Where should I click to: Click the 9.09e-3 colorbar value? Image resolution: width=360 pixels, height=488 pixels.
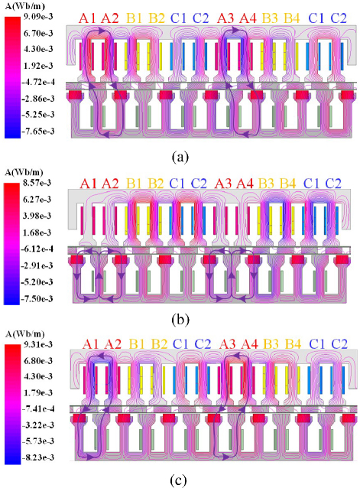[x=37, y=17]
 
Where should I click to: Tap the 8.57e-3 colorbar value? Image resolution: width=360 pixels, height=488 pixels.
[x=37, y=183]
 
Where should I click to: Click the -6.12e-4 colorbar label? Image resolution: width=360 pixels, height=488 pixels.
[x=37, y=249]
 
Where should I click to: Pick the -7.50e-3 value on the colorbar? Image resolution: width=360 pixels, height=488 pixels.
[x=37, y=299]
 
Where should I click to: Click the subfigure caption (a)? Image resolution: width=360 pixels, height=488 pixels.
[x=180, y=157]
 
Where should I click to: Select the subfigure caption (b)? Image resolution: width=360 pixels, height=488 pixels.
[x=180, y=320]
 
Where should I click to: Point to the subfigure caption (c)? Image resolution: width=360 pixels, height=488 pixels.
[x=179, y=481]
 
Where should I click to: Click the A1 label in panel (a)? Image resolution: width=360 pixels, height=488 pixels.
[x=88, y=18]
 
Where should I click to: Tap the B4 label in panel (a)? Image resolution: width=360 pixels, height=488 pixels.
[x=292, y=18]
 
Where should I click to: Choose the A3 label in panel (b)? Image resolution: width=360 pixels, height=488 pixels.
[x=223, y=184]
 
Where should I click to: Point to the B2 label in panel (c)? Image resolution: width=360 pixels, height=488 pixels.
[x=159, y=344]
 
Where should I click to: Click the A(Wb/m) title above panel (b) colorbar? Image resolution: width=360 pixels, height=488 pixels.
[x=24, y=172]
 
